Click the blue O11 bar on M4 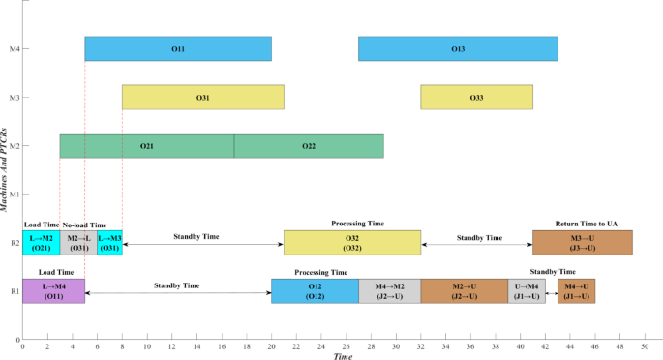[x=178, y=48]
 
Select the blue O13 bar [x=458, y=48]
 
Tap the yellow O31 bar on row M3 [x=202, y=98]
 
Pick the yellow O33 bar [x=476, y=98]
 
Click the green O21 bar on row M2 [x=146, y=146]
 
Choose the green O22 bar [x=309, y=146]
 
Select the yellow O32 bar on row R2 [x=351, y=243]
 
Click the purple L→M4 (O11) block [x=53, y=290]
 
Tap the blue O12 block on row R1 [x=315, y=290]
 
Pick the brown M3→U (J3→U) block [x=583, y=243]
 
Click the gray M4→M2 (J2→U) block [x=389, y=290]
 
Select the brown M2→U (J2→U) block [x=464, y=290]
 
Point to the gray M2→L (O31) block [x=78, y=243]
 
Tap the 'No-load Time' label [x=84, y=224]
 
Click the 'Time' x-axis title [x=343, y=356]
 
